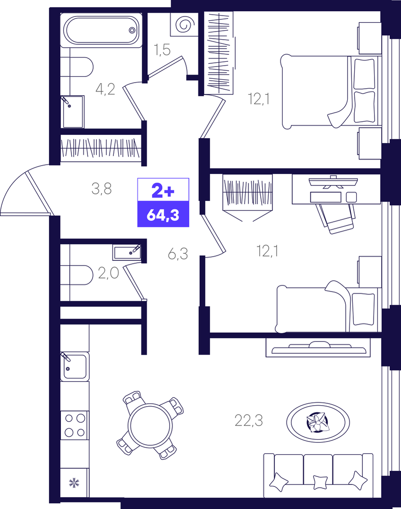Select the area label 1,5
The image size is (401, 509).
coord(162,50)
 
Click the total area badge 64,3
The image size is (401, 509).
coord(163,215)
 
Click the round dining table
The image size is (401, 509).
coord(150,425)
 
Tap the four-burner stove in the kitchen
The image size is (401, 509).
coord(75,425)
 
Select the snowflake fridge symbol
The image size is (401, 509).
coord(75,483)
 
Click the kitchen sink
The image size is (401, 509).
coord(75,367)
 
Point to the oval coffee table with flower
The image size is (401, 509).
coord(318,422)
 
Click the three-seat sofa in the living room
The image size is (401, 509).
coord(318,476)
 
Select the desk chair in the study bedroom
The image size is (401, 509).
coord(336,218)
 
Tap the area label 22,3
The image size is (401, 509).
coord(248,420)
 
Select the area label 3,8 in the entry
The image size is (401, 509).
coord(102,189)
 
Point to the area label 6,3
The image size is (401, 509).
coord(178,254)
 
